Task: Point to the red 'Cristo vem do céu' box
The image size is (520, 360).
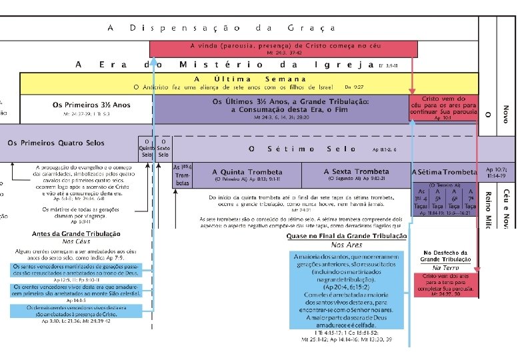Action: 443,107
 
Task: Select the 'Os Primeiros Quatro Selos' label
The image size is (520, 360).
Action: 56,143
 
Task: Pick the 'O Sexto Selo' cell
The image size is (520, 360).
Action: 163,147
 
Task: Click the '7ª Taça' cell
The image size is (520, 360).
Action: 471,198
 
